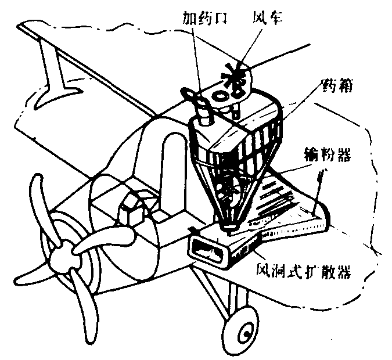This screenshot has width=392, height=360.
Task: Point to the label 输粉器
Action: click(x=338, y=154)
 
